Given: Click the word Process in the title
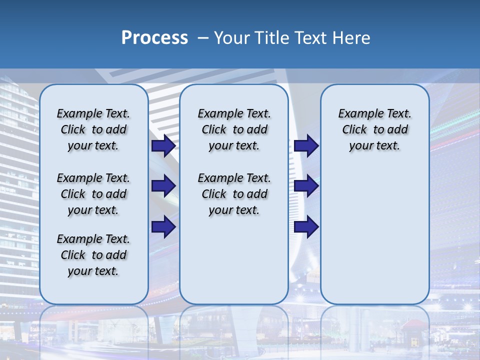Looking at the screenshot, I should pyautogui.click(x=154, y=38).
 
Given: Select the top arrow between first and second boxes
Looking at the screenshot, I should pyautogui.click(x=163, y=146).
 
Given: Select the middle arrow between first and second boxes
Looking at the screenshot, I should pyautogui.click(x=163, y=186).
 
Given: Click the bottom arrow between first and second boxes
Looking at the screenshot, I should pyautogui.click(x=163, y=227).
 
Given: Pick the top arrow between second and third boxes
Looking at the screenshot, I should pyautogui.click(x=306, y=146).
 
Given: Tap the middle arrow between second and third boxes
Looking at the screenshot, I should pyautogui.click(x=306, y=186).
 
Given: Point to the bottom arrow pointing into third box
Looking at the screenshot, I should pyautogui.click(x=306, y=227).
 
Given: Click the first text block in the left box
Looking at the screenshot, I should pyautogui.click(x=93, y=129).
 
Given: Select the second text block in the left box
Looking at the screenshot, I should pyautogui.click(x=93, y=194).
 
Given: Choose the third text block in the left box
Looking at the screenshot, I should pyautogui.click(x=93, y=255).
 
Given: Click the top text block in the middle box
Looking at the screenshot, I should pyautogui.click(x=234, y=129).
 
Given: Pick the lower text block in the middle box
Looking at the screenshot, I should pyautogui.click(x=234, y=194).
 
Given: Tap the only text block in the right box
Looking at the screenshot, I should pyautogui.click(x=374, y=129).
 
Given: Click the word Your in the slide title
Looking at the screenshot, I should pyautogui.click(x=231, y=38).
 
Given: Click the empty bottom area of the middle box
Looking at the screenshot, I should pyautogui.click(x=234, y=265).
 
